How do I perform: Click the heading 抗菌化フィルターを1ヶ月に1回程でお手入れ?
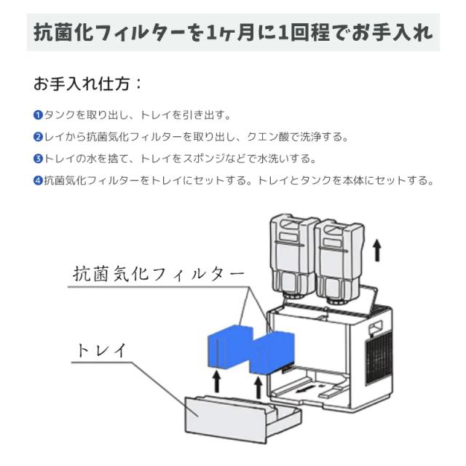click(x=233, y=33)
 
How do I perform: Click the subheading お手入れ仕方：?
click(x=87, y=84)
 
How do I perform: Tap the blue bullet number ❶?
click(x=38, y=115)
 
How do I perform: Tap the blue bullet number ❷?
click(x=38, y=137)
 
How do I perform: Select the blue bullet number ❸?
click(x=38, y=159)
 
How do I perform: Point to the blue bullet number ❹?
click(x=38, y=181)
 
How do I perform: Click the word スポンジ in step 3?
click(x=206, y=159)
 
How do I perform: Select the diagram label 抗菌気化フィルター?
click(x=158, y=275)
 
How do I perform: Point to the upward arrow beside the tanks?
click(x=376, y=250)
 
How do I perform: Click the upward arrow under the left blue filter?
click(x=215, y=382)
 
